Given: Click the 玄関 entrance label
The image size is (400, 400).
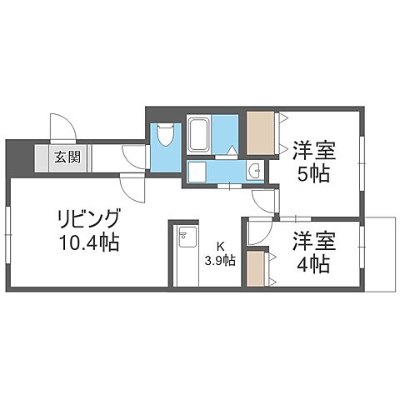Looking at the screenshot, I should (68, 157).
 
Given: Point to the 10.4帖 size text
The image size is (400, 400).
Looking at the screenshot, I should (89, 244).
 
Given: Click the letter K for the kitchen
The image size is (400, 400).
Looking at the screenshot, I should (220, 246).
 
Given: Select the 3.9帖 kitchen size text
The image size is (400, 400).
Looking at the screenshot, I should (221, 260).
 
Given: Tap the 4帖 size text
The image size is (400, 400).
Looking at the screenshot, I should (313, 265).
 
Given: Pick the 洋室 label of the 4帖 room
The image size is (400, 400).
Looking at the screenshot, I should (313, 242).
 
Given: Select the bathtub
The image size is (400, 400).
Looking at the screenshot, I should (198, 132).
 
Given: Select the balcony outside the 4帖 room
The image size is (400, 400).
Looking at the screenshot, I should (381, 254).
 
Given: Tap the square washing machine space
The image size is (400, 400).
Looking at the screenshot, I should (197, 172).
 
